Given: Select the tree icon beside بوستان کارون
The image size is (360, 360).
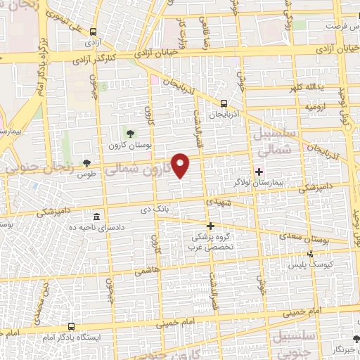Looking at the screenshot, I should (129, 133).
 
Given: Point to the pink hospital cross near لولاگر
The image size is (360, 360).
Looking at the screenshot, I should (259, 171).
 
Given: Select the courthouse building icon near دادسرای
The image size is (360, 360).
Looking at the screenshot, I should (96, 216).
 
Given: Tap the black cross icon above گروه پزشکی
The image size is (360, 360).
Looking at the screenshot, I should (210, 225).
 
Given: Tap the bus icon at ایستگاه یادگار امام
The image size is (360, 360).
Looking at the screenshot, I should (71, 326).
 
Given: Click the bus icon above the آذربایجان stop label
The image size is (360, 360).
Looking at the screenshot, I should (224, 102).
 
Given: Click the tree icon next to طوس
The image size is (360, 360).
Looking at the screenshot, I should (87, 162).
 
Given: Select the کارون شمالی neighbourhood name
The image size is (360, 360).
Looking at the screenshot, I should (143, 169).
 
